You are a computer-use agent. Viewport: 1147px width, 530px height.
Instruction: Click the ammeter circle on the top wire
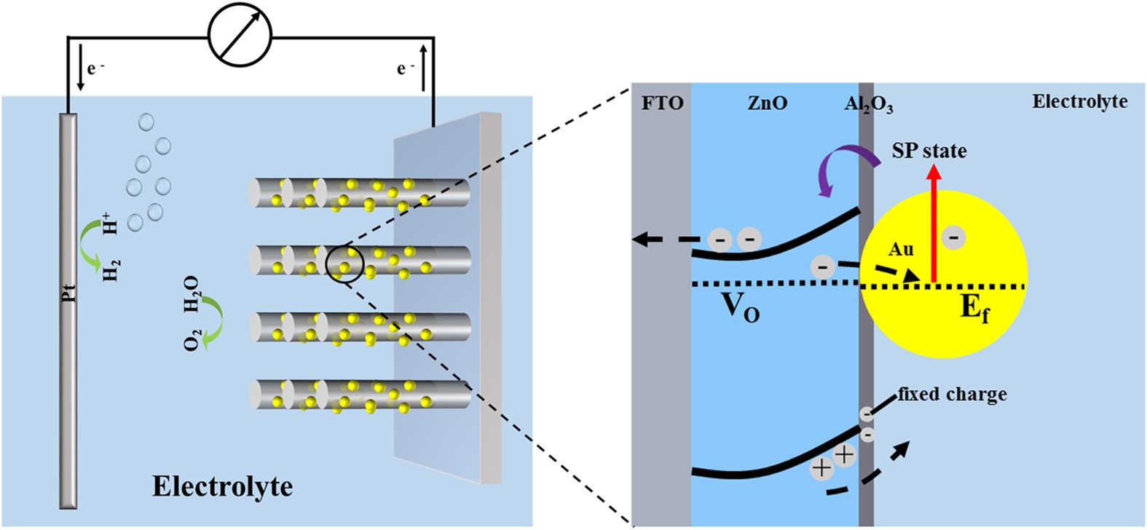(x=240, y=34)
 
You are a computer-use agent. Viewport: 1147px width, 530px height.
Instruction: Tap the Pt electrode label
(x=68, y=294)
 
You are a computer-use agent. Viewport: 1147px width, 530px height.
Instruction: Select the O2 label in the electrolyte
(x=192, y=339)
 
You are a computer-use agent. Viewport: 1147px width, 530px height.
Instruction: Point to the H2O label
(x=192, y=294)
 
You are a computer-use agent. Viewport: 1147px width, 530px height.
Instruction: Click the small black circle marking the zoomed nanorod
(x=344, y=263)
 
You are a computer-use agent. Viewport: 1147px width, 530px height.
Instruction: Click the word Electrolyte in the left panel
(x=222, y=486)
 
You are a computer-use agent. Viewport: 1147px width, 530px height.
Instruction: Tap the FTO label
(x=662, y=103)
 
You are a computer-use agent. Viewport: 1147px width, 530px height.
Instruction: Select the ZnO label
(x=768, y=103)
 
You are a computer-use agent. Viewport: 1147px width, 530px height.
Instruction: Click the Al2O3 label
(x=868, y=105)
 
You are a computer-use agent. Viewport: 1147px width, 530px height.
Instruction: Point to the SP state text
(x=929, y=151)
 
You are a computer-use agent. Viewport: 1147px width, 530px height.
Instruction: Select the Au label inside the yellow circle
(x=900, y=249)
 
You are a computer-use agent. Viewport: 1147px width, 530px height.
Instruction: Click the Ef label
(x=974, y=308)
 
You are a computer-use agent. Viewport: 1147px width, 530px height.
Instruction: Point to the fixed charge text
(x=952, y=394)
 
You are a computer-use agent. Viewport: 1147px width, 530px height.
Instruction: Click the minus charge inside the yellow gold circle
(x=954, y=237)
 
